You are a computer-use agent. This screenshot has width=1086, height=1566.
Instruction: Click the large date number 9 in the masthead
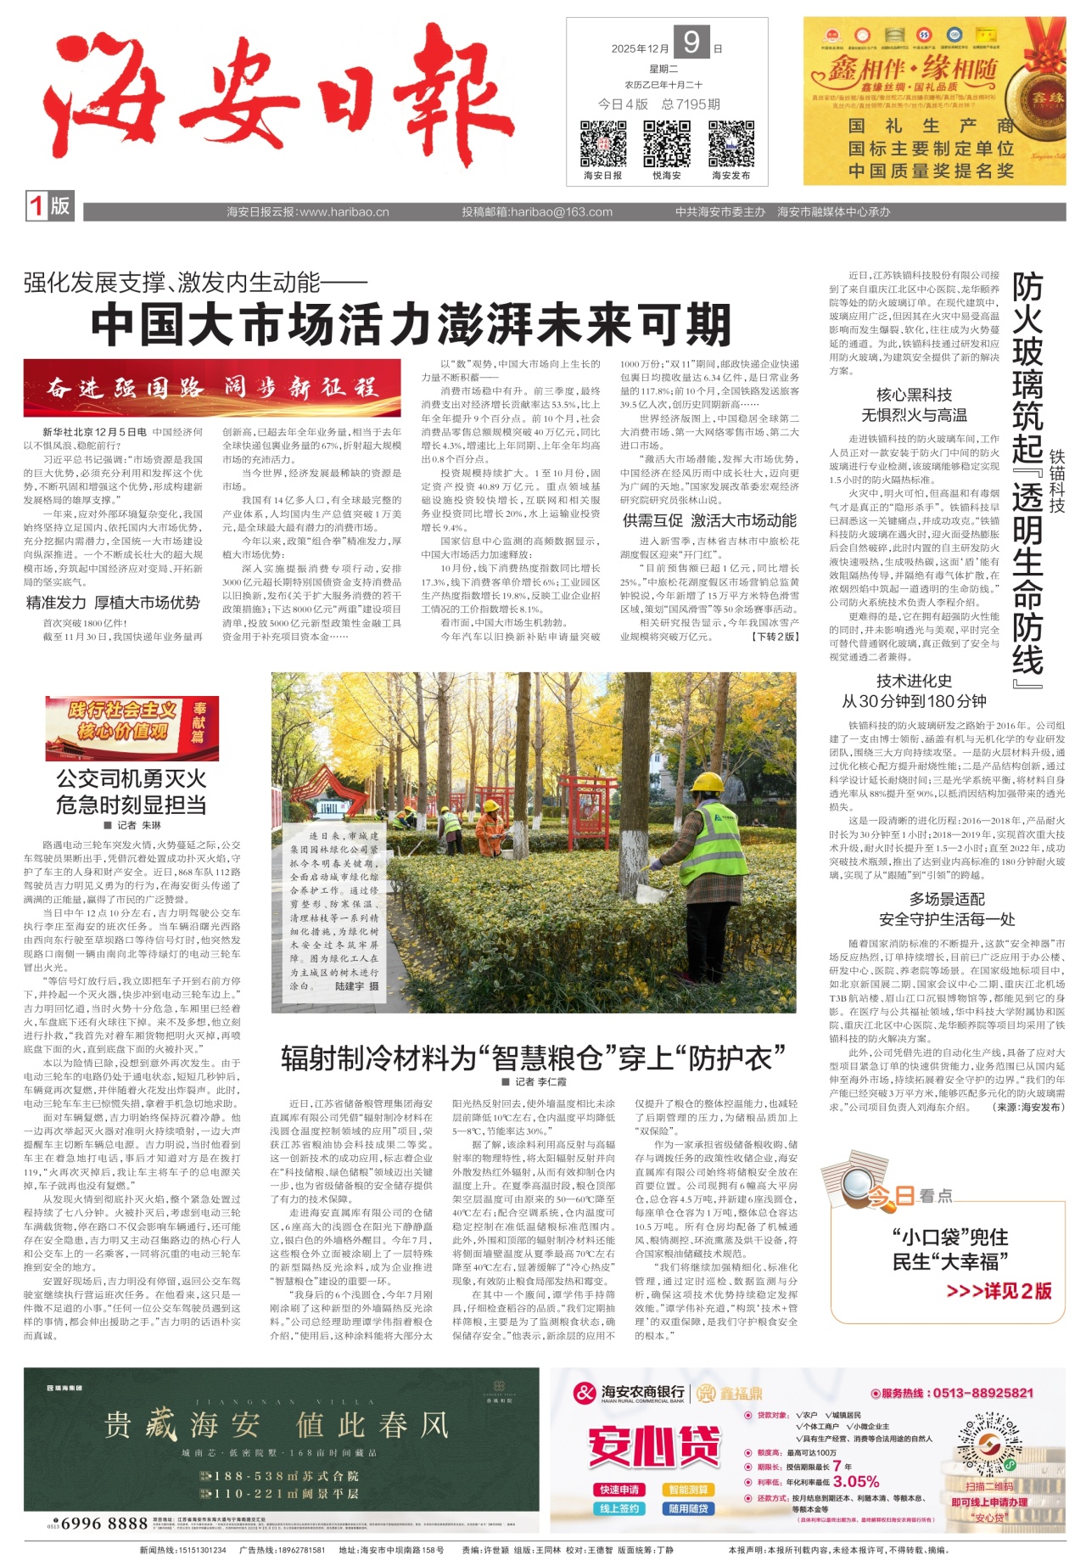691,42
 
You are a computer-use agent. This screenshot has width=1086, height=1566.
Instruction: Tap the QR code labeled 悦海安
667,143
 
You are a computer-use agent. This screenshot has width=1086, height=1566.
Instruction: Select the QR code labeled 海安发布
731,143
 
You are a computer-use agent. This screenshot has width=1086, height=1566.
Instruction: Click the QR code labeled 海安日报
603,143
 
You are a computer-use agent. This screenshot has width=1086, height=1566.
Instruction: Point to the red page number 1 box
36,206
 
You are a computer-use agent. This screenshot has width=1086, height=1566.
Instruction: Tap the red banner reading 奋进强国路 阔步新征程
212,388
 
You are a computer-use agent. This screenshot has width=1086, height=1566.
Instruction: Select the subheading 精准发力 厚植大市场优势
113,603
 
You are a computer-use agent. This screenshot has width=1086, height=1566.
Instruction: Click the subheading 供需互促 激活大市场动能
709,520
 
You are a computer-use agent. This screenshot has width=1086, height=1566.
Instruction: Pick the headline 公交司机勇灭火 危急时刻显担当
131,791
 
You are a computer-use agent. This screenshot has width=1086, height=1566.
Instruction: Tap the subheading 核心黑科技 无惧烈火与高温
913,405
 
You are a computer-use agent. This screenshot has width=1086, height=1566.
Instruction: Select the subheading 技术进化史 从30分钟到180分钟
913,691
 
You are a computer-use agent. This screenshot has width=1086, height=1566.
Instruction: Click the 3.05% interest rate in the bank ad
856,1481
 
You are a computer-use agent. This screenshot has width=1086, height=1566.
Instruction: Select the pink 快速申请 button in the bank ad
619,1490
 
